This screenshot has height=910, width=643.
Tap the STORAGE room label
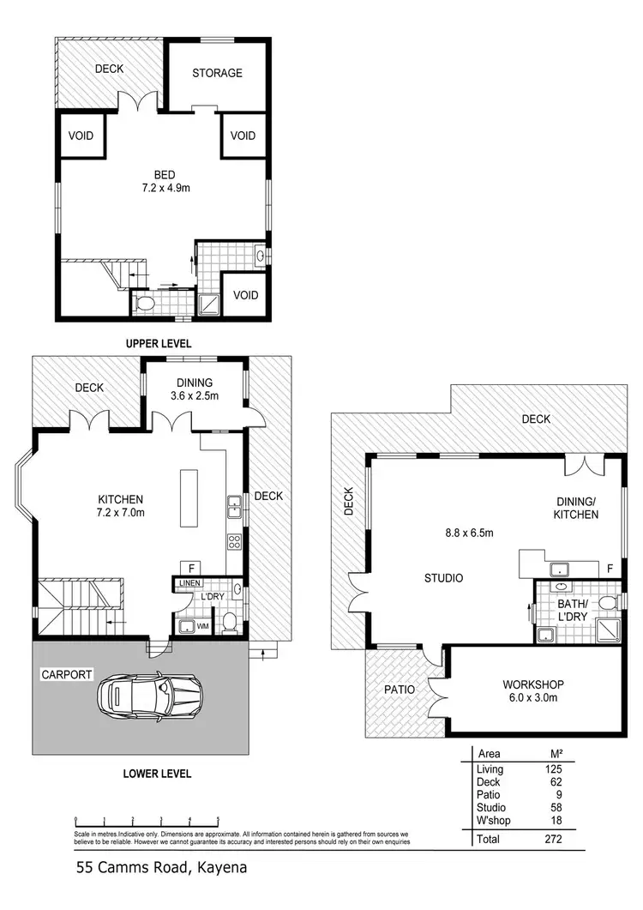(216, 73)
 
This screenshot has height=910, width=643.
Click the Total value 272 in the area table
(552, 840)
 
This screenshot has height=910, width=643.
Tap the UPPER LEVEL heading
(158, 343)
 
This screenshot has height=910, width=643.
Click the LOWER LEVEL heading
(157, 774)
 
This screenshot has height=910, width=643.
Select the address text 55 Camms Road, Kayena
(161, 867)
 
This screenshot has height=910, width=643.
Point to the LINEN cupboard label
(189, 583)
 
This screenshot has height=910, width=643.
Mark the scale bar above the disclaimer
(147, 819)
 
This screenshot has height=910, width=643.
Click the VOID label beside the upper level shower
(245, 295)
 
